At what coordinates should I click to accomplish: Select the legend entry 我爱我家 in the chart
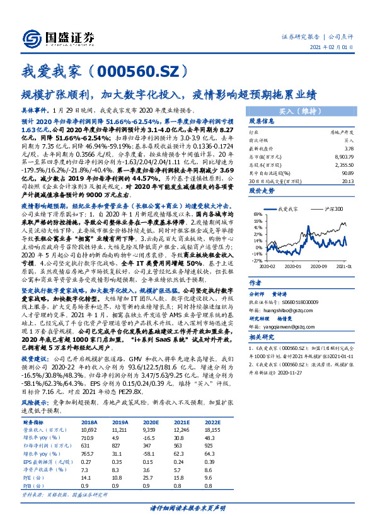point(288,208)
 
